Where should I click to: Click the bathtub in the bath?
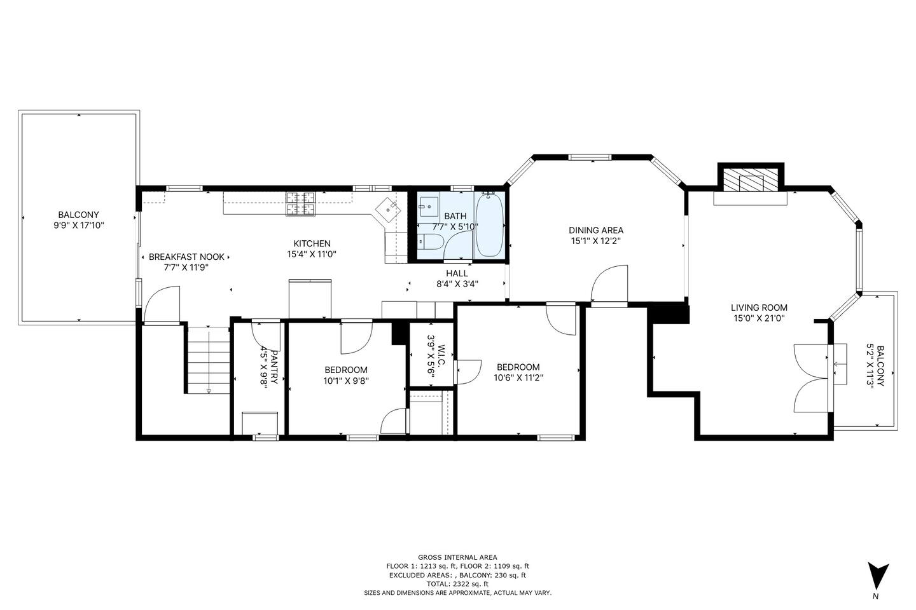(490, 224)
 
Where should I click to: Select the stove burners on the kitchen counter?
(302, 203)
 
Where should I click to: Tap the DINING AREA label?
(596, 231)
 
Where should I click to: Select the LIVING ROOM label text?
(759, 308)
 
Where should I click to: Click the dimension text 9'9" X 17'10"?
(79, 225)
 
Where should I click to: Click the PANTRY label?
(274, 367)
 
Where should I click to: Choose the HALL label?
(457, 273)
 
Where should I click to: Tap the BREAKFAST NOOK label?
(186, 257)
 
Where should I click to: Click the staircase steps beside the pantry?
(209, 360)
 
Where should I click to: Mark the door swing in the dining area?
(609, 283)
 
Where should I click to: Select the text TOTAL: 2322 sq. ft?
(457, 584)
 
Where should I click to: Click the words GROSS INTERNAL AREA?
(457, 557)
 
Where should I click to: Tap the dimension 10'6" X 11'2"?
(518, 378)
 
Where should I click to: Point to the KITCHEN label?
(312, 243)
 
